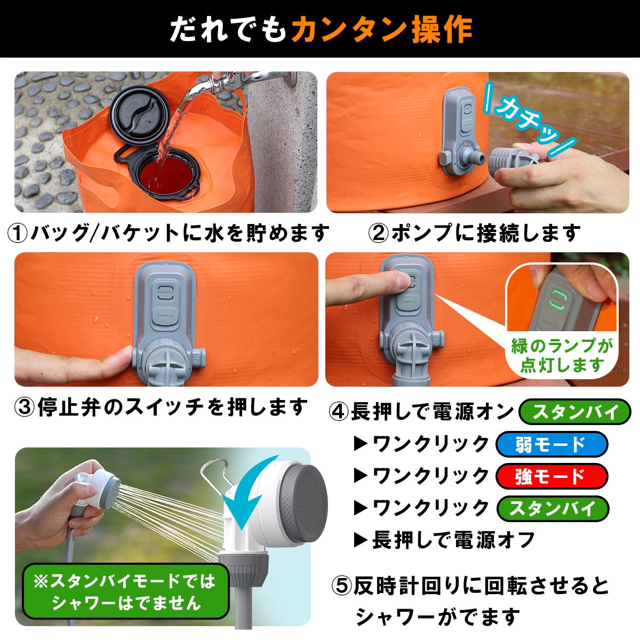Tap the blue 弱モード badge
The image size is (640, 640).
[x=551, y=444]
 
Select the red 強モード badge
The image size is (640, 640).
[x=551, y=476]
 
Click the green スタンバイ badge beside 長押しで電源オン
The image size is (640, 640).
[x=575, y=412]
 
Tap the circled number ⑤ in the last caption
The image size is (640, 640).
[x=342, y=586]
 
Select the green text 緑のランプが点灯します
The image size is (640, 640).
[x=562, y=355]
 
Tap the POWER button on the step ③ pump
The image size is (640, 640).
[x=165, y=293]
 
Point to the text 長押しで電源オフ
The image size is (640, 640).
[x=453, y=540]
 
